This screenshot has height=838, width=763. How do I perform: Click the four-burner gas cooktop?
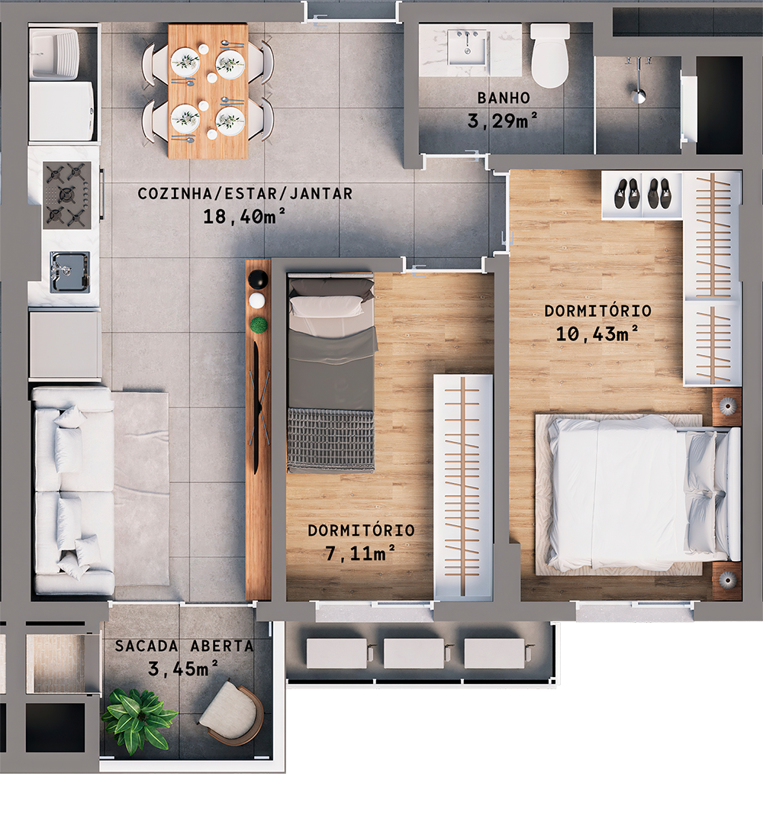coord(67,195)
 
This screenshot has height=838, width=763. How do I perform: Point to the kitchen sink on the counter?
coord(68,272)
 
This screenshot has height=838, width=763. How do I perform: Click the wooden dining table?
coord(208,90)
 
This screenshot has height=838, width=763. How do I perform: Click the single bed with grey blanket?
coord(331,374)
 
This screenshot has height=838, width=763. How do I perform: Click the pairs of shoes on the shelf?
coord(641,194)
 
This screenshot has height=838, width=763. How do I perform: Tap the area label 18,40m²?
coord(244,217)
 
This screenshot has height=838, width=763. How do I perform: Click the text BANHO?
coord(504,98)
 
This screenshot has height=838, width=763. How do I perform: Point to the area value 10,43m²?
coord(597,334)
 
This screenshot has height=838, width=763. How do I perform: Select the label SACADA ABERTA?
coord(185,646)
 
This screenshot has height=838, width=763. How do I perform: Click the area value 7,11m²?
coord(360,553)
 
